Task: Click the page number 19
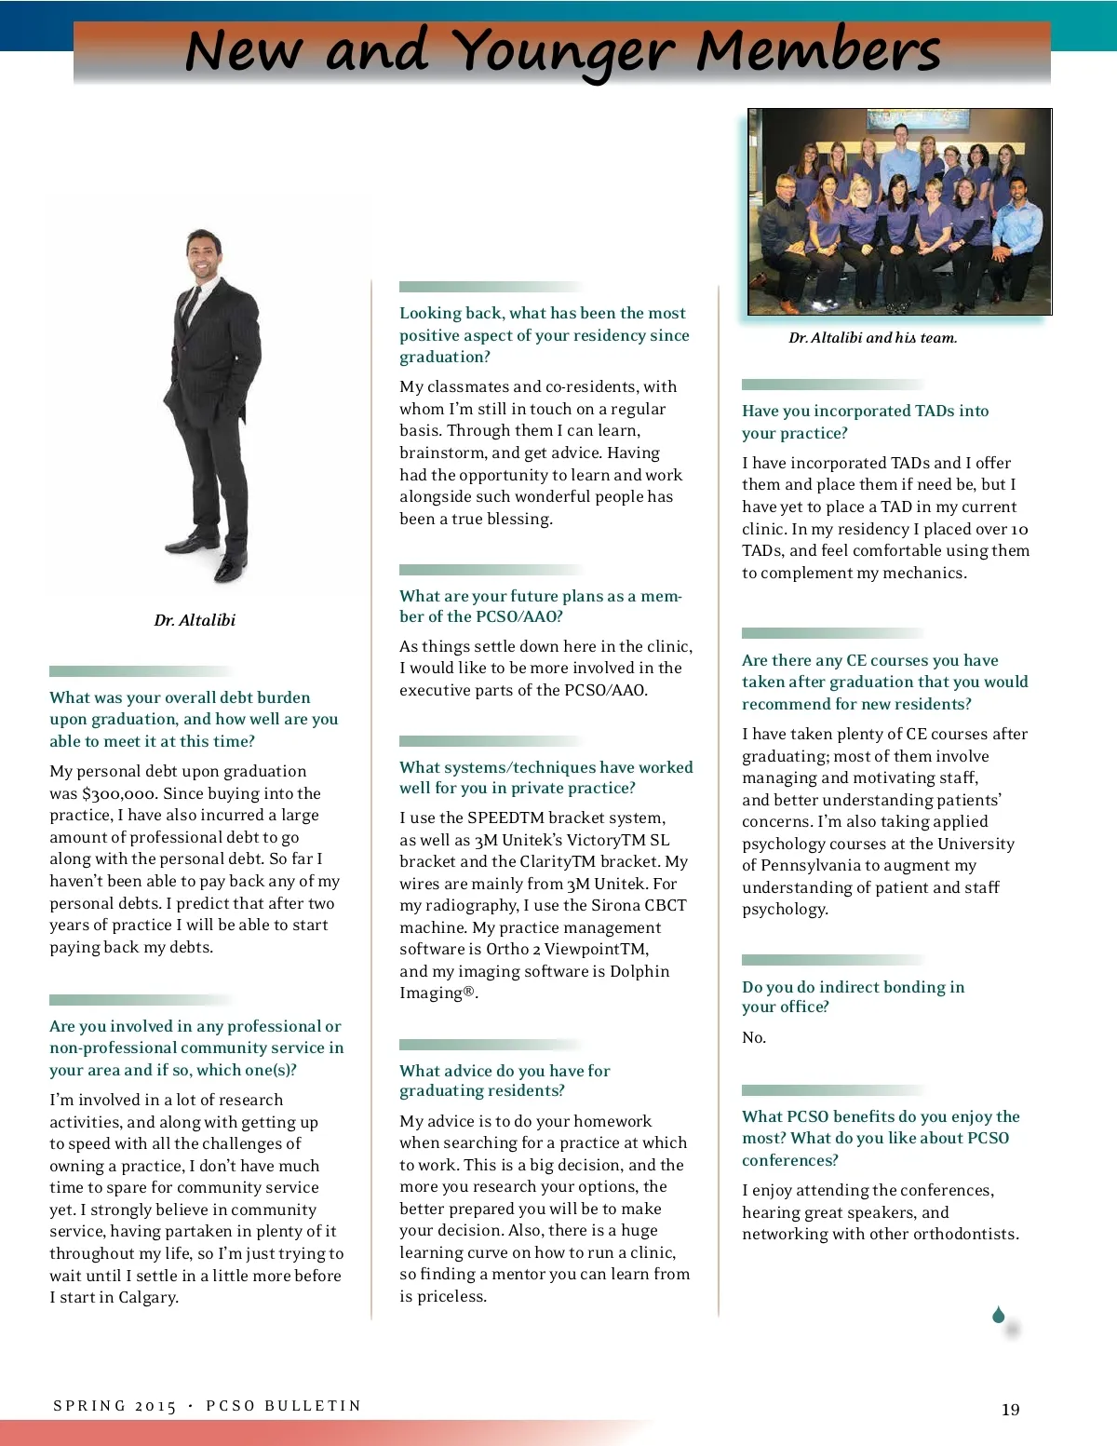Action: click(1010, 1410)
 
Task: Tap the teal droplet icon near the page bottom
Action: click(998, 1315)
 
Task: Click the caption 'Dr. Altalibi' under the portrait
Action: click(195, 620)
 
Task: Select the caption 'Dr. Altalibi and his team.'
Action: click(872, 338)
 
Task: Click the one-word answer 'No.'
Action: click(754, 1037)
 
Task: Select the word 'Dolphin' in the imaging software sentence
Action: click(639, 971)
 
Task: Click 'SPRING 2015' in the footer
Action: click(114, 1406)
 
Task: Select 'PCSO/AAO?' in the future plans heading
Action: click(518, 616)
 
